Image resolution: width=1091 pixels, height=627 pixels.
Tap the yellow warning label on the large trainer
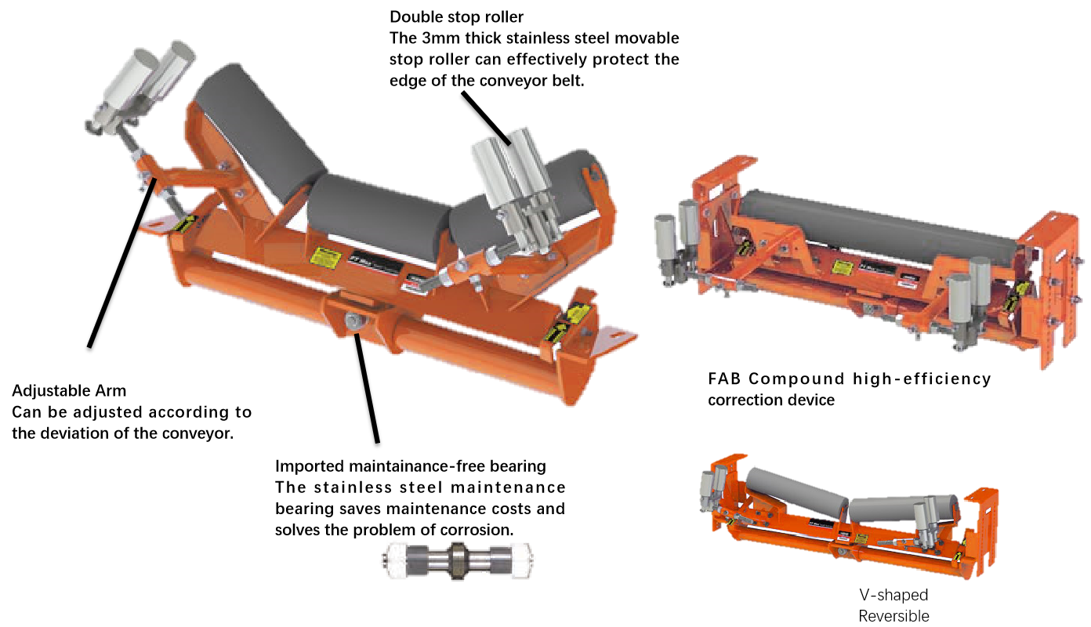pos(324,257)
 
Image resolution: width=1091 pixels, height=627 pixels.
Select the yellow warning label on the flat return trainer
pos(843,267)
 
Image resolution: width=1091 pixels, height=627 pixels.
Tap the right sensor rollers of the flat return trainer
pos(969,298)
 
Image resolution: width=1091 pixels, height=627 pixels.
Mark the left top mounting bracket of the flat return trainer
pos(721,180)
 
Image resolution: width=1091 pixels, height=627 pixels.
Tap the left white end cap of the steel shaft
pos(397,559)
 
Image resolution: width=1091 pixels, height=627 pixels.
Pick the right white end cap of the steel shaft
pos(522,560)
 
